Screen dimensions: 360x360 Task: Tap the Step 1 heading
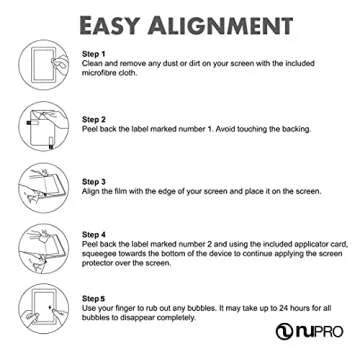coord(93,52)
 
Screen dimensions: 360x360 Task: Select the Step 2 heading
coord(93,118)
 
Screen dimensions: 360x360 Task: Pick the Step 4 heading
coord(93,233)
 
